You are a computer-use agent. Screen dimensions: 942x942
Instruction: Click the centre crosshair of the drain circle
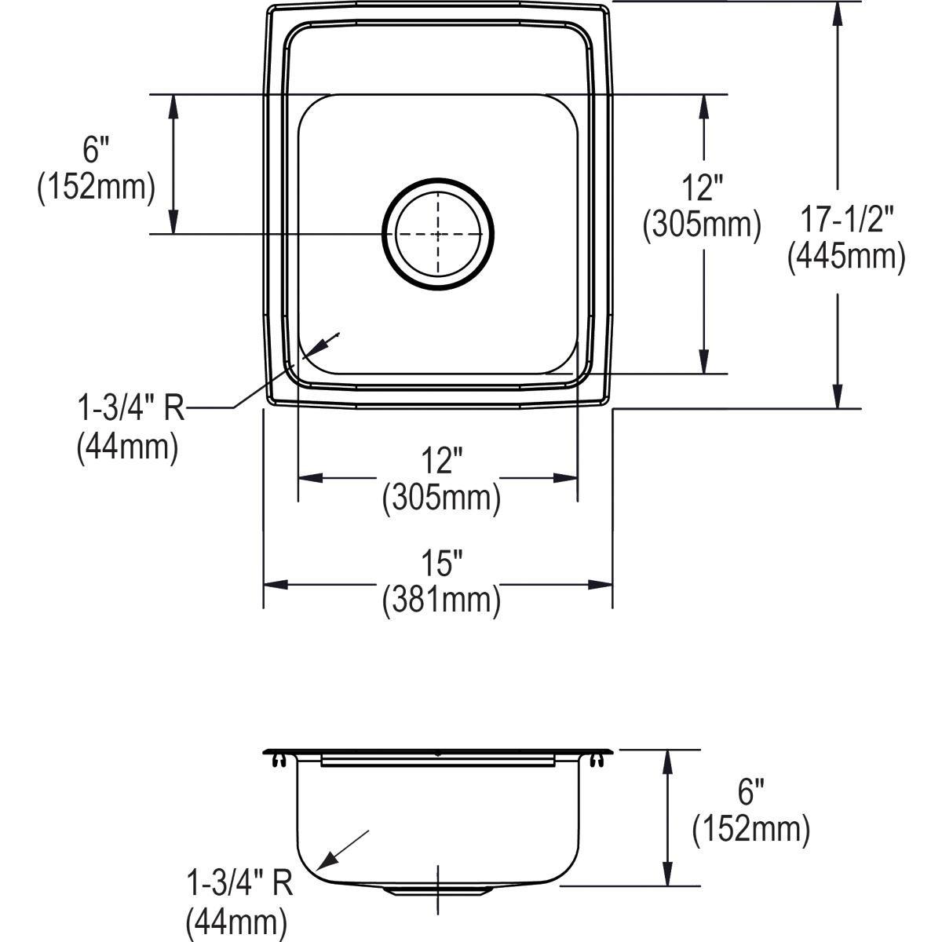(x=438, y=233)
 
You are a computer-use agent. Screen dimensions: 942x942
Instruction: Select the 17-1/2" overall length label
(x=847, y=219)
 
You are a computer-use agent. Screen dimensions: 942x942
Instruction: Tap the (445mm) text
(x=847, y=256)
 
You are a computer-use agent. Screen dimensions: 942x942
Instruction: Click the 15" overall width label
(x=440, y=563)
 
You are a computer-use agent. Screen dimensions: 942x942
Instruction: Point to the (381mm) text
(x=441, y=601)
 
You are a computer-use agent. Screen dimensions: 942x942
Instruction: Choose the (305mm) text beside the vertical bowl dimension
(x=702, y=225)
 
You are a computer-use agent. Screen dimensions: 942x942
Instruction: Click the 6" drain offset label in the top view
(x=96, y=149)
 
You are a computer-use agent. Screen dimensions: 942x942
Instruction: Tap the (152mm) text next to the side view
(x=750, y=830)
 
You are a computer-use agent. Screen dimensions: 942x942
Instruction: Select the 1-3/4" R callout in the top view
(x=130, y=407)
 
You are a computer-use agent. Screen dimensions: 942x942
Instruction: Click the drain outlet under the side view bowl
(x=438, y=890)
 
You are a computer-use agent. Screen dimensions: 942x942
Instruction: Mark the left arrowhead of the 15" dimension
(x=272, y=585)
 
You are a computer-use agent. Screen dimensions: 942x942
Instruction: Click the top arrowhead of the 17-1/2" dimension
(x=838, y=9)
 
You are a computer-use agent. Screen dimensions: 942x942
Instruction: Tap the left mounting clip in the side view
(x=278, y=758)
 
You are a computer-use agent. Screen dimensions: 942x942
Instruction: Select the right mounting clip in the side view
(x=600, y=758)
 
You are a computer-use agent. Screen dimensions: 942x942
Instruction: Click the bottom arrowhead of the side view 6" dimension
(x=667, y=877)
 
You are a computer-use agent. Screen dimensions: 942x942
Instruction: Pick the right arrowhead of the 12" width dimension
(x=568, y=477)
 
